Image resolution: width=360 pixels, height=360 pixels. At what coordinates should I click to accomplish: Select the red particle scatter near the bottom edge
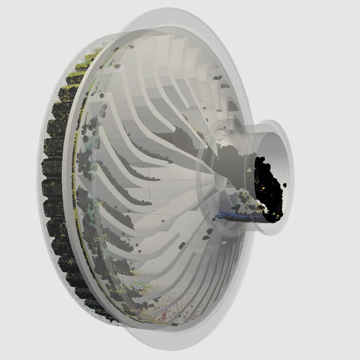(x=164, y=315)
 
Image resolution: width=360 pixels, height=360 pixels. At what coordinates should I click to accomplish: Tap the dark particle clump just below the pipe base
(x=208, y=234)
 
